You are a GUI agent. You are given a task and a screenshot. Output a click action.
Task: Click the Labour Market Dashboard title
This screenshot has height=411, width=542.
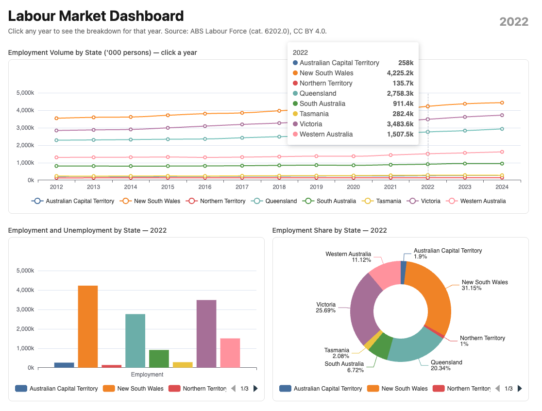click(96, 16)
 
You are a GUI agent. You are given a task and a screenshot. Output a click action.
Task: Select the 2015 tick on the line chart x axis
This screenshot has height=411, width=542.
click(168, 187)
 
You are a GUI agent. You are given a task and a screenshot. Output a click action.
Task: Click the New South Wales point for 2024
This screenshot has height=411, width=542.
click(502, 103)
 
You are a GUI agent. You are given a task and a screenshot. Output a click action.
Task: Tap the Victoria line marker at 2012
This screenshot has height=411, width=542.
click(57, 130)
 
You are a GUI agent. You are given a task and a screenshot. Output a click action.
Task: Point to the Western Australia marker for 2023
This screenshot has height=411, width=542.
click(465, 153)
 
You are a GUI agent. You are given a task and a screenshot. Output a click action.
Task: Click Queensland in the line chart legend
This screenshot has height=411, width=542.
click(275, 201)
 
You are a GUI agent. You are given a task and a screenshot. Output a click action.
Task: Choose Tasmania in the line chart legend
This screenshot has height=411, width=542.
click(383, 201)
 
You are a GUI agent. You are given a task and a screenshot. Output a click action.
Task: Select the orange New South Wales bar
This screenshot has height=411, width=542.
click(88, 326)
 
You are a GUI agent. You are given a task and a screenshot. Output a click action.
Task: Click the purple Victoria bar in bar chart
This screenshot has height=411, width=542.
click(206, 334)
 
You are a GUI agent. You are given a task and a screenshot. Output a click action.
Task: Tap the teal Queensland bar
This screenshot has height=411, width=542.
click(135, 341)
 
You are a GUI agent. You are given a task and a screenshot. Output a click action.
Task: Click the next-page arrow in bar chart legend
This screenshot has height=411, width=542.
click(255, 389)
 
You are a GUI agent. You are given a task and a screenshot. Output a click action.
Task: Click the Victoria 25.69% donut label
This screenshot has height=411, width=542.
click(326, 308)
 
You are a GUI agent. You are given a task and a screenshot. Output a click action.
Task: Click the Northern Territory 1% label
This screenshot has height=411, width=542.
click(482, 341)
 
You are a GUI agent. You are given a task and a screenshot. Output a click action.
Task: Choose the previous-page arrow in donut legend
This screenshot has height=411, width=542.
click(497, 389)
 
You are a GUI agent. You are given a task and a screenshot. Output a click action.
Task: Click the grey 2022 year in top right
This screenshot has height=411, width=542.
click(513, 21)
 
